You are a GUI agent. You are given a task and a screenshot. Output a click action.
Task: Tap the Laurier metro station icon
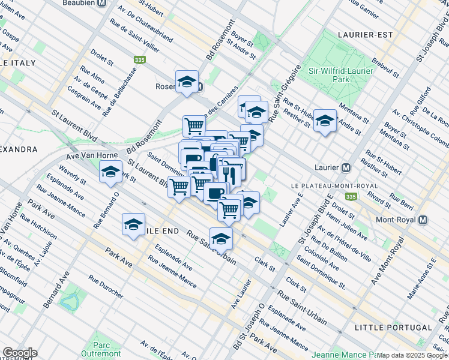[x=346, y=167]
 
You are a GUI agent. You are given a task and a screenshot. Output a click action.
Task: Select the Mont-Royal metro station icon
[x=423, y=220]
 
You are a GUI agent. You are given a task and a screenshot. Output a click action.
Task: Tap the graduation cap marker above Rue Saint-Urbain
[x=221, y=239]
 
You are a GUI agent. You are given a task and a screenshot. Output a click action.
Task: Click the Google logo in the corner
[x=20, y=353]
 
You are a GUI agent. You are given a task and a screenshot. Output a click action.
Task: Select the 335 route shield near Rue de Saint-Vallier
[x=140, y=60]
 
